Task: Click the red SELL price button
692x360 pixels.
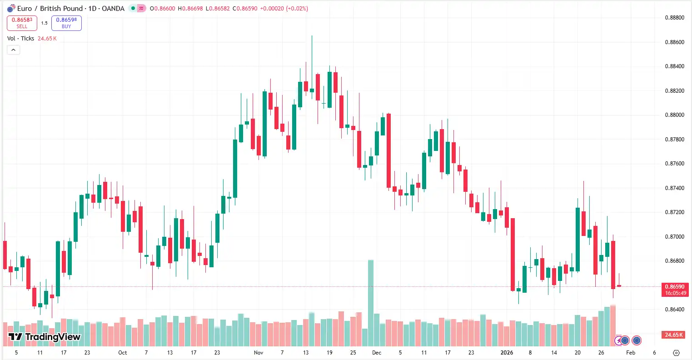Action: point(22,23)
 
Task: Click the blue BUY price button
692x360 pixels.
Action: point(66,23)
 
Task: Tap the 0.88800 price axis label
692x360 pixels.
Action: point(674,18)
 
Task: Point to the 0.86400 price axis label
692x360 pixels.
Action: point(674,310)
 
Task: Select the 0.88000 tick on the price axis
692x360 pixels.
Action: point(674,115)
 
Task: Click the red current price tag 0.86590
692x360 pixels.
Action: point(675,290)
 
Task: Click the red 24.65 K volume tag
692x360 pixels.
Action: point(674,335)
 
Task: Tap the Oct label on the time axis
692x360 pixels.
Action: point(122,353)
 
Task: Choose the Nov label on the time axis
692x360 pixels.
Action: point(259,353)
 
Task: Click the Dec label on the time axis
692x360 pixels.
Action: point(376,353)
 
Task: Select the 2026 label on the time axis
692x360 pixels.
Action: point(506,353)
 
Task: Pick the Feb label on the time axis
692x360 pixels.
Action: point(631,353)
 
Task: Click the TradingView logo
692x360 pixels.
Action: point(45,337)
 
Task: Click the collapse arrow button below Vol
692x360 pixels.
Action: point(13,50)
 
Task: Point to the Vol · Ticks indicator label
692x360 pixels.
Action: point(21,39)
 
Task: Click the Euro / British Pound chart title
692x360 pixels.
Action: point(70,9)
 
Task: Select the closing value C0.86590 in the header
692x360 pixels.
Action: point(245,9)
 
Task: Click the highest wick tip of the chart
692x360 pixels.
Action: point(312,36)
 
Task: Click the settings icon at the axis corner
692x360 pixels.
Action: point(676,353)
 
